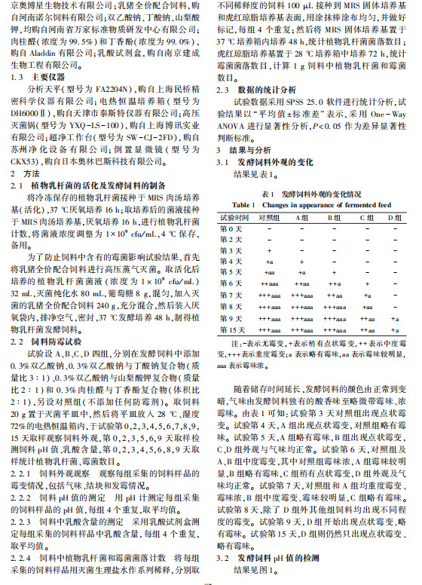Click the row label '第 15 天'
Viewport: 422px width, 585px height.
(231, 329)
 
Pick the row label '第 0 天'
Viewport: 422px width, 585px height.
(231, 227)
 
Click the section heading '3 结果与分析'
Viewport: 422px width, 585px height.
(243, 150)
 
